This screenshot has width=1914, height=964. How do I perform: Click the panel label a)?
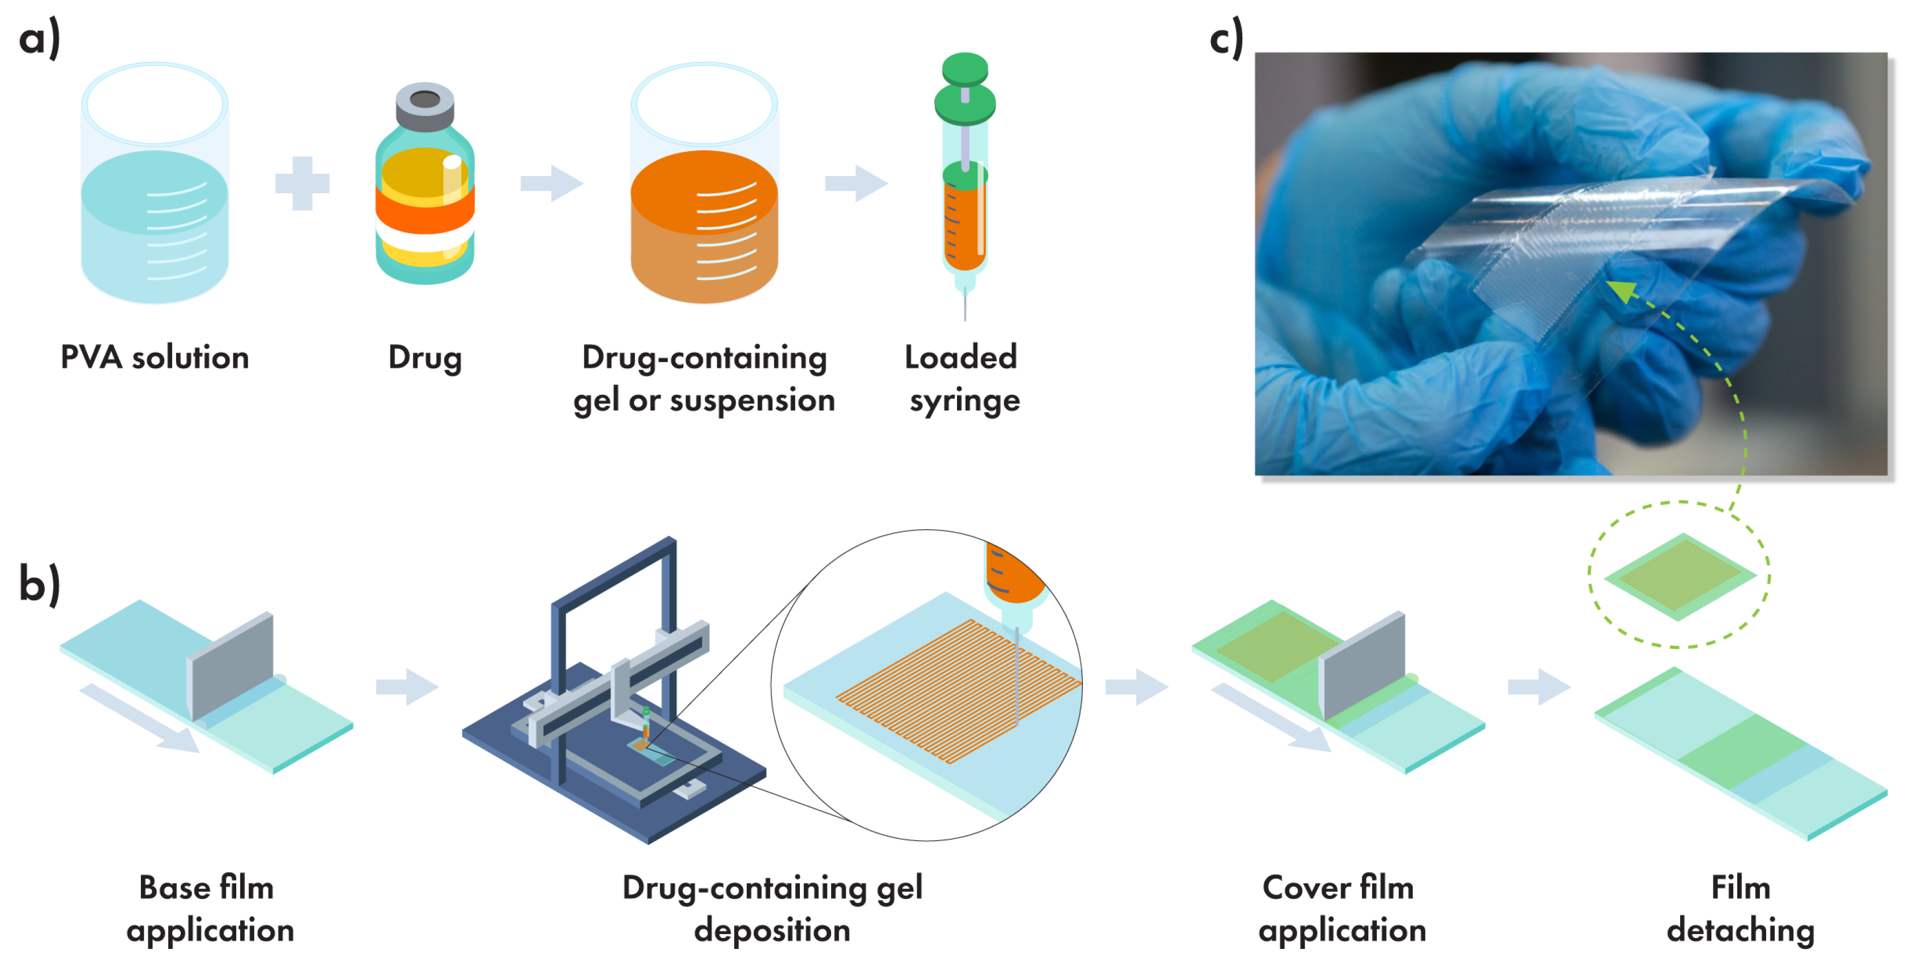[39, 39]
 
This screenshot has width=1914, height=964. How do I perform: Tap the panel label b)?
[39, 585]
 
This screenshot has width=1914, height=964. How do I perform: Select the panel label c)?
[1226, 39]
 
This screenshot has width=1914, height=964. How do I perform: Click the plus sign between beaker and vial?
[301, 183]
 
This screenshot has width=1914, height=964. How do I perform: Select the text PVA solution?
[155, 357]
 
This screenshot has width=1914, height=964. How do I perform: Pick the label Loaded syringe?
[963, 379]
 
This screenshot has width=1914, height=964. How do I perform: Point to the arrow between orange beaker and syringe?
[856, 183]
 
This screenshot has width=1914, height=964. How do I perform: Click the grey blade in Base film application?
[232, 663]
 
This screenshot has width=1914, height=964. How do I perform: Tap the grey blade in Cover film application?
[1364, 663]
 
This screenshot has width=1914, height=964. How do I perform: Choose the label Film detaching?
[1740, 909]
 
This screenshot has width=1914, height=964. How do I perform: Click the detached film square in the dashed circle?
[1679, 576]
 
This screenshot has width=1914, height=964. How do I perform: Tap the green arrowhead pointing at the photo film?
[1623, 290]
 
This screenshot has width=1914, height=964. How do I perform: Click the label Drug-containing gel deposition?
[772, 909]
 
